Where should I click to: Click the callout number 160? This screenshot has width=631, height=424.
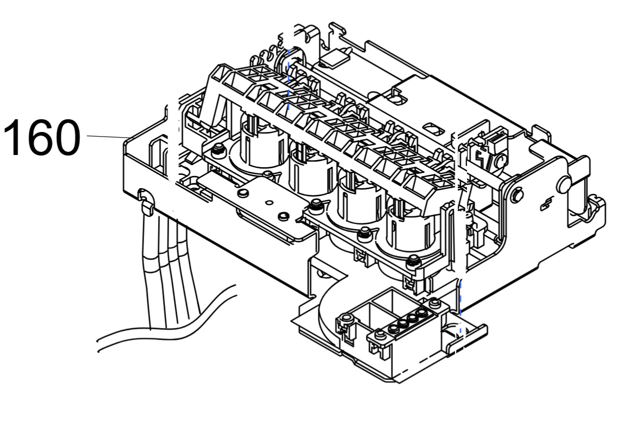click(x=42, y=137)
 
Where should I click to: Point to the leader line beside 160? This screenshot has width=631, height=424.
click(x=107, y=137)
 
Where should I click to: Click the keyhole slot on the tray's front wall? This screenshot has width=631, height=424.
click(x=144, y=194)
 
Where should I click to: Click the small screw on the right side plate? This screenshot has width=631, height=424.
click(x=517, y=194)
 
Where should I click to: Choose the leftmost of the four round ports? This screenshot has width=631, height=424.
click(x=394, y=327)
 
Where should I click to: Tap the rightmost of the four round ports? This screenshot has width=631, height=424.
click(x=422, y=312)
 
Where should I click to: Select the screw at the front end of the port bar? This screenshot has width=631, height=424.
click(x=380, y=336)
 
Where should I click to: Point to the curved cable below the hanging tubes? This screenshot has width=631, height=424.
click(x=169, y=327)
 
